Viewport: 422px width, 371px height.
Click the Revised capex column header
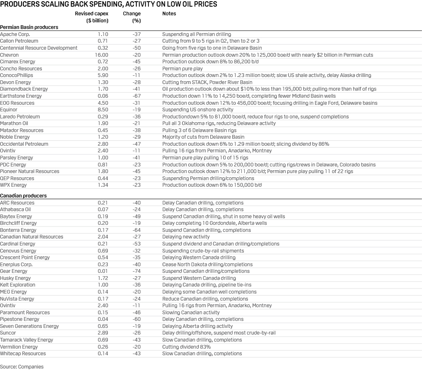point(92,17)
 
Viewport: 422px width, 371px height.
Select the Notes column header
point(169,14)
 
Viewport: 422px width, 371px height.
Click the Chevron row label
point(10,55)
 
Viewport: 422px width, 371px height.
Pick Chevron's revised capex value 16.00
point(102,55)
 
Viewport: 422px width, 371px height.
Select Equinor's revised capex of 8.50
point(103,110)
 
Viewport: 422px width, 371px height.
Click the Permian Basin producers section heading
point(29,27)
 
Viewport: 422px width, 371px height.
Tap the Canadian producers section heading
point(23,196)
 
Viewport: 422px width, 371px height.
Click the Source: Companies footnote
point(22,366)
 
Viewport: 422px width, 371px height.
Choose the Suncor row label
point(8,333)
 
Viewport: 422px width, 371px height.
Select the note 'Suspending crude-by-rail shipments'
point(203,251)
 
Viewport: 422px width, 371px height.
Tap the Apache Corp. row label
point(15,34)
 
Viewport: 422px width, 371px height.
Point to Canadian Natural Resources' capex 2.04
point(103,237)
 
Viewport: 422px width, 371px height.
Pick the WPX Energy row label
point(13,185)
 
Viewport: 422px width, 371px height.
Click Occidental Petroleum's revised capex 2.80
point(103,144)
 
